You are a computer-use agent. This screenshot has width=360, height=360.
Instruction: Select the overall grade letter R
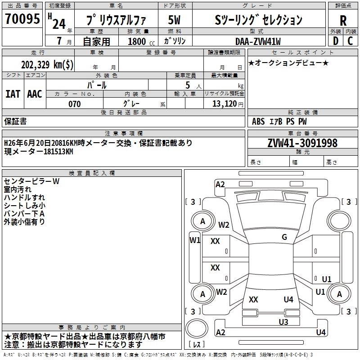[x=343, y=20]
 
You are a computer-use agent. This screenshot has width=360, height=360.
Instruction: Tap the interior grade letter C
[x=351, y=40]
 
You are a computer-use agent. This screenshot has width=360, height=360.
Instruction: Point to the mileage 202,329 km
[x=47, y=64]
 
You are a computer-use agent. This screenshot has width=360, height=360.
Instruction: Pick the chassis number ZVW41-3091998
[x=302, y=144]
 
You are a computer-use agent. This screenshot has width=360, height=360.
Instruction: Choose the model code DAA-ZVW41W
[x=258, y=41]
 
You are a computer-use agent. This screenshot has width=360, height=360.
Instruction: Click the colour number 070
[x=74, y=104]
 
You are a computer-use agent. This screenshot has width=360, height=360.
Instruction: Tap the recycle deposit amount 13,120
[x=225, y=104]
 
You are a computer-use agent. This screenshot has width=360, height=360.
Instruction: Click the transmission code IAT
[x=13, y=94]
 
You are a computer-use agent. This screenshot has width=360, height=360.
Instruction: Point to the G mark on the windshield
[x=284, y=237]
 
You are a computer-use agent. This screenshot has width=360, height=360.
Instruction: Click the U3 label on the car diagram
[x=283, y=322]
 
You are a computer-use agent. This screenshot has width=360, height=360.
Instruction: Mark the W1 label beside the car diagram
[x=194, y=240]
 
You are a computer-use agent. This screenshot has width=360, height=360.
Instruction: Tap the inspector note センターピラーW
[x=31, y=181]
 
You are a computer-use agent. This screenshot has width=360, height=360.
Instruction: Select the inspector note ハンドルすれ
[x=24, y=198]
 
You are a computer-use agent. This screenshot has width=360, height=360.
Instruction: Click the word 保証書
[x=15, y=121]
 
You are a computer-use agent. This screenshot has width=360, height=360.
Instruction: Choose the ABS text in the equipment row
[x=258, y=121]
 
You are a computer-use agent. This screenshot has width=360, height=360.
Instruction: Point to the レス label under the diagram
[x=197, y=345]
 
